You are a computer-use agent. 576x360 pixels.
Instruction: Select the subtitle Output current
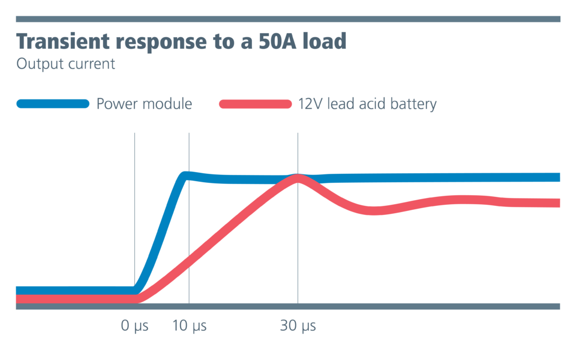[x=66, y=64]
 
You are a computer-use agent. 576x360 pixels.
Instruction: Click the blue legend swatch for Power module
[x=53, y=103]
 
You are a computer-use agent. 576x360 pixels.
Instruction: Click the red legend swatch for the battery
[x=255, y=104]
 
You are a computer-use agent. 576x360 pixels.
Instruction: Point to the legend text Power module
[x=144, y=104]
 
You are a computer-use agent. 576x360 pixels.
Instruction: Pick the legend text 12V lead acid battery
[x=367, y=104]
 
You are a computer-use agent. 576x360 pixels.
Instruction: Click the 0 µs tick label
[x=134, y=326]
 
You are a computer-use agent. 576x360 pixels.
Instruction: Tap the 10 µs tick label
[x=189, y=326]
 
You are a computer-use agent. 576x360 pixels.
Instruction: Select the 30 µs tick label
[x=298, y=326]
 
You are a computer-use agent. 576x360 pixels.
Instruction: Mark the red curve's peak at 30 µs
[x=297, y=178]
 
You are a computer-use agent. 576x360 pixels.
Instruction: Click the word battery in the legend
[x=416, y=104]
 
